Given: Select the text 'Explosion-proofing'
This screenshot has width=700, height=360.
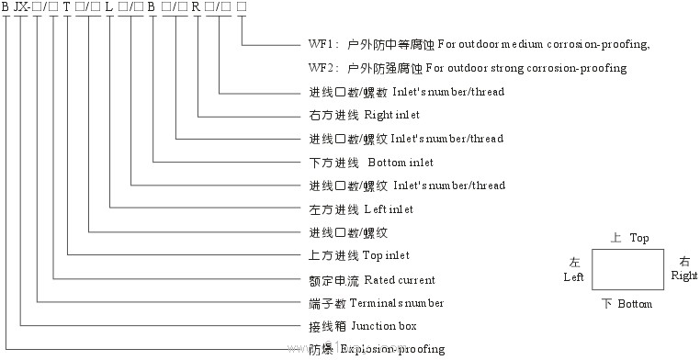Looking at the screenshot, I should tap(392, 349).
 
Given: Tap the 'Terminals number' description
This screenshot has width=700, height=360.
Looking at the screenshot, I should tap(404, 303).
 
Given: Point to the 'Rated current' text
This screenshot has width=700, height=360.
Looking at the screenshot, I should tap(400, 279).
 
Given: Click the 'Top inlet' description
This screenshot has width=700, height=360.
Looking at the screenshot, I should tap(386, 255).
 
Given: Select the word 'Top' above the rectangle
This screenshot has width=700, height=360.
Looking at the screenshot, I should tap(639, 238).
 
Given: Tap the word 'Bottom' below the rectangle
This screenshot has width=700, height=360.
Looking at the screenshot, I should tap(635, 304).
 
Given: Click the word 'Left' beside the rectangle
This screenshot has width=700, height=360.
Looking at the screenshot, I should tap(573, 276).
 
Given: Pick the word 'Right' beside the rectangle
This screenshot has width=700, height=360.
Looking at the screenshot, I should tap(683, 276).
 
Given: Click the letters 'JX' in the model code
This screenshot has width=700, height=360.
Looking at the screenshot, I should tap(21, 8).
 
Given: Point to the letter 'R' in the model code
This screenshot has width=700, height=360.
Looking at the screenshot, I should tap(195, 8).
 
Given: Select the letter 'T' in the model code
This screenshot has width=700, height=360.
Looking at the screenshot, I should tap(66, 8).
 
